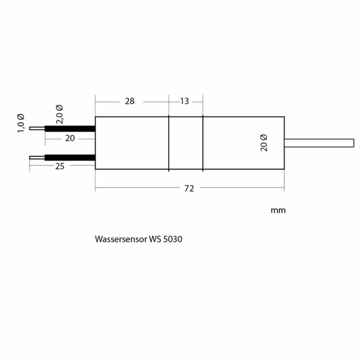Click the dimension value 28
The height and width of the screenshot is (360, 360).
click(x=130, y=101)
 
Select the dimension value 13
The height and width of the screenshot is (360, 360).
click(x=184, y=101)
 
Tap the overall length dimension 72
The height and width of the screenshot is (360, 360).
click(x=189, y=188)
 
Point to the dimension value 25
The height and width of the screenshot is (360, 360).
click(x=59, y=166)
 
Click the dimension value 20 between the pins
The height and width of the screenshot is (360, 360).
click(x=70, y=138)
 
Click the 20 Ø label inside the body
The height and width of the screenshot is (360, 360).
click(x=264, y=143)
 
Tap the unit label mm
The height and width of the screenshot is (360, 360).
click(x=278, y=211)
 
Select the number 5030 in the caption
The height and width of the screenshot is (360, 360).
click(x=172, y=239)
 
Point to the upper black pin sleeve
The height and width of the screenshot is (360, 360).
click(x=70, y=128)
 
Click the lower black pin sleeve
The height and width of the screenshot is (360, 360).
click(x=70, y=158)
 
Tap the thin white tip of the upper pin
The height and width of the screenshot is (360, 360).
click(x=37, y=128)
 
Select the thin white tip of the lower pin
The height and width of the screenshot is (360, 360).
click(x=37, y=158)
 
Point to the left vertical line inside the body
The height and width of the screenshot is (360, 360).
click(x=169, y=143)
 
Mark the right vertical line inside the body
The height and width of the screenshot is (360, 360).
click(x=203, y=143)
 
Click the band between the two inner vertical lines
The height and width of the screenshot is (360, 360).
click(x=186, y=143)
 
